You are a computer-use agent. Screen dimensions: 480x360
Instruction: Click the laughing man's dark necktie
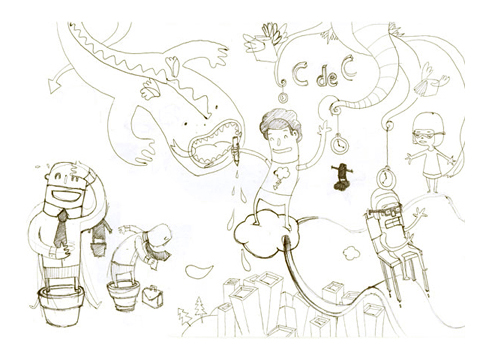[61, 229]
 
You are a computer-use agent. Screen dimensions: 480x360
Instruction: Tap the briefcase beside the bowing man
[153, 296]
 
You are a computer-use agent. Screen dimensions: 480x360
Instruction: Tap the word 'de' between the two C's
[326, 79]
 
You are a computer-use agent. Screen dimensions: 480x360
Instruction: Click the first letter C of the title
[300, 72]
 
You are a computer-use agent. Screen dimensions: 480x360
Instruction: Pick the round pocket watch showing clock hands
[340, 144]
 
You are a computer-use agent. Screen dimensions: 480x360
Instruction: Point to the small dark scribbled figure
[340, 176]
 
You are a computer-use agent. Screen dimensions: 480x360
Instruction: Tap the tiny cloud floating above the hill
[350, 253]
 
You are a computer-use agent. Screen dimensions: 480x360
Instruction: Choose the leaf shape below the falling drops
[199, 271]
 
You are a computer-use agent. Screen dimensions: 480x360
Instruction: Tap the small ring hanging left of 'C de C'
[283, 97]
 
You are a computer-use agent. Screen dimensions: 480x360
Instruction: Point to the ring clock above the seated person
[385, 178]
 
